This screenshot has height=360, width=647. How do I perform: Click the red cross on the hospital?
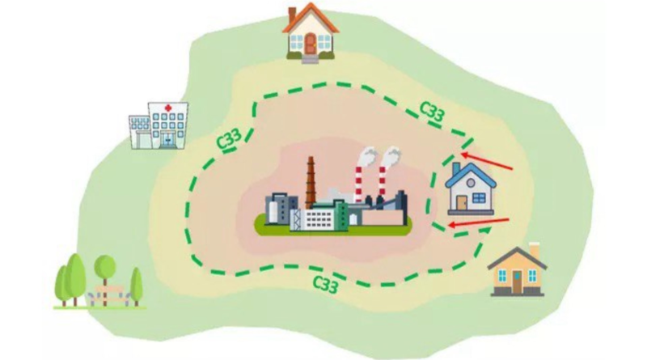tap(168, 108)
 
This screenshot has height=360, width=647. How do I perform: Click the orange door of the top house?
tap(311, 44)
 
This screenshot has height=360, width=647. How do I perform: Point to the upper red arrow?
tap(487, 162)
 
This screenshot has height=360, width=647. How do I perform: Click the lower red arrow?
tap(479, 223)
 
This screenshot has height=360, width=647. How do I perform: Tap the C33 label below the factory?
tap(326, 285)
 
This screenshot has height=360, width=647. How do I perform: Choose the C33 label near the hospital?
tap(229, 139)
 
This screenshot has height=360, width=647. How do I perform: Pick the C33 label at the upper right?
tap(433, 111)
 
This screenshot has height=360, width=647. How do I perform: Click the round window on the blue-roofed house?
tap(471, 183)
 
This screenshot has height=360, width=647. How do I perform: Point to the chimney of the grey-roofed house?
tap(535, 251)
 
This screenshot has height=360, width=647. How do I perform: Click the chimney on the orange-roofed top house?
tap(292, 16)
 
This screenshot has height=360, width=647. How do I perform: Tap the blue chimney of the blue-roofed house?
tap(456, 169)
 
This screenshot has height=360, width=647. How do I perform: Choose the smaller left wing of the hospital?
tap(139, 132)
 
